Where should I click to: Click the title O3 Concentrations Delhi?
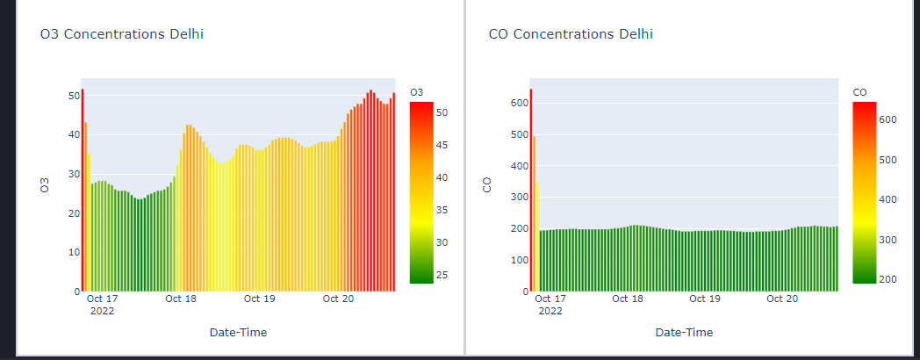122,34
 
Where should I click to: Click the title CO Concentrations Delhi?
571,34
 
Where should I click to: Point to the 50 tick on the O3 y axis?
74,96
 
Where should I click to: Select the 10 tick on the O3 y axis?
74,252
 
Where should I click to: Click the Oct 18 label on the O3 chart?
181,299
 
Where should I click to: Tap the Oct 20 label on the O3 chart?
338,299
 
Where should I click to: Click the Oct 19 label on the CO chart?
705,299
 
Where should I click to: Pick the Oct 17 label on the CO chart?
550,299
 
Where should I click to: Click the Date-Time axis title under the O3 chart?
238,333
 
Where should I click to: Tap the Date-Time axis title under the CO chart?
684,333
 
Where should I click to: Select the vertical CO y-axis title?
488,185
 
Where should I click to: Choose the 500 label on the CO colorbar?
888,160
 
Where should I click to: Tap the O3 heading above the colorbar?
417,92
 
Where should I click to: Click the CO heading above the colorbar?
859,92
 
